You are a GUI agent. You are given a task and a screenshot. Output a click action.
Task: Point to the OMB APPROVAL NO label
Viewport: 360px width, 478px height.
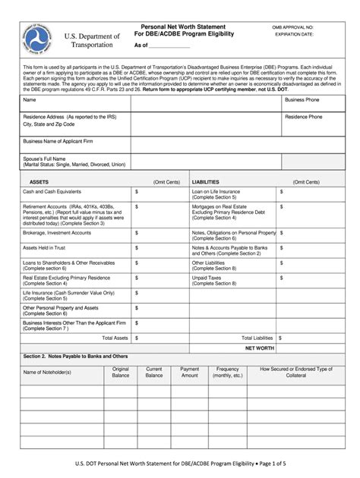293,27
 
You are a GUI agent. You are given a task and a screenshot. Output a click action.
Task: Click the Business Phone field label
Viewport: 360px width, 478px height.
302,99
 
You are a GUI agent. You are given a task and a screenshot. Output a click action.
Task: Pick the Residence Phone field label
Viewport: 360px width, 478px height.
303,117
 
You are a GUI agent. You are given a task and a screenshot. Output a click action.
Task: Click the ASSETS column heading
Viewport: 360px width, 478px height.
39,182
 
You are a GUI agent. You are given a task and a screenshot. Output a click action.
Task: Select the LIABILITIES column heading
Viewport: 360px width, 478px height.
206,182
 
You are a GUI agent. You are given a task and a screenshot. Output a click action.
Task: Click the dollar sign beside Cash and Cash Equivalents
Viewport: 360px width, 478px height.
137,192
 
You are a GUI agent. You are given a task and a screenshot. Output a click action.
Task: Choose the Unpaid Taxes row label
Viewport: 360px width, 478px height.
207,278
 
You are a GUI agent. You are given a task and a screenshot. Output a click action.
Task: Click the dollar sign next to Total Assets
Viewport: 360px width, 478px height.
137,338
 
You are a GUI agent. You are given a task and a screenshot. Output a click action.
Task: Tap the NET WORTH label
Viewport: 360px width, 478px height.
259,347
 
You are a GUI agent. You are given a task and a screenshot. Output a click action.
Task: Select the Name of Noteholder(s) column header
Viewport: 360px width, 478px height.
47,372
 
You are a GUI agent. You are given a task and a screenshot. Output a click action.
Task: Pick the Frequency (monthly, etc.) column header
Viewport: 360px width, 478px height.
227,372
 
